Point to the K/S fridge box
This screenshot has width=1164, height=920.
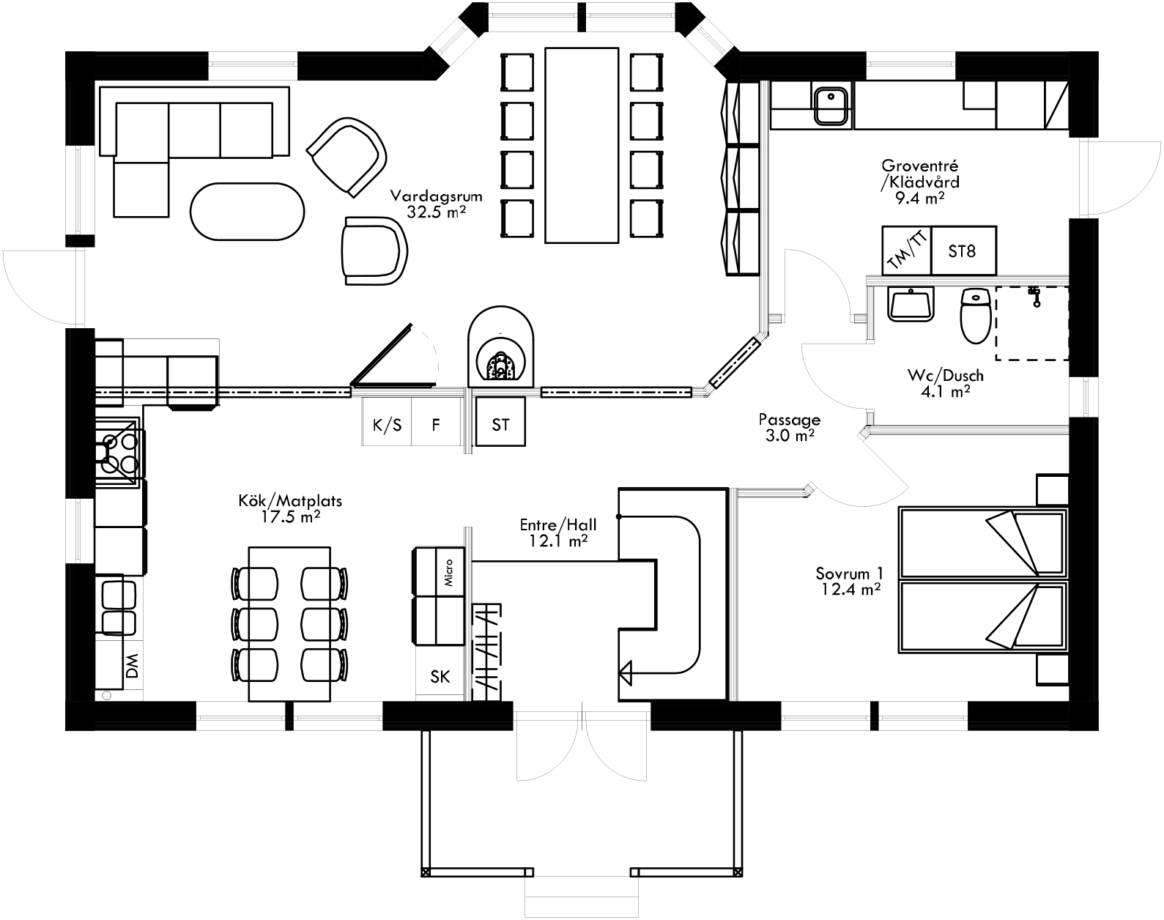(387, 425)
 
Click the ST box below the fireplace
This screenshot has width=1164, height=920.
(500, 425)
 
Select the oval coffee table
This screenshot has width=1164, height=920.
(247, 210)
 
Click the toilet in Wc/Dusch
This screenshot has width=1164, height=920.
(975, 316)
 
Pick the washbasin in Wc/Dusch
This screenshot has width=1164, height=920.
(911, 305)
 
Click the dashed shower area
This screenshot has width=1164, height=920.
(1031, 324)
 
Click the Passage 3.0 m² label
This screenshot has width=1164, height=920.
(789, 427)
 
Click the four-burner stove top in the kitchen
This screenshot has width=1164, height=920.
(119, 452)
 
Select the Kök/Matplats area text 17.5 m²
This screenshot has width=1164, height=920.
(291, 516)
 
